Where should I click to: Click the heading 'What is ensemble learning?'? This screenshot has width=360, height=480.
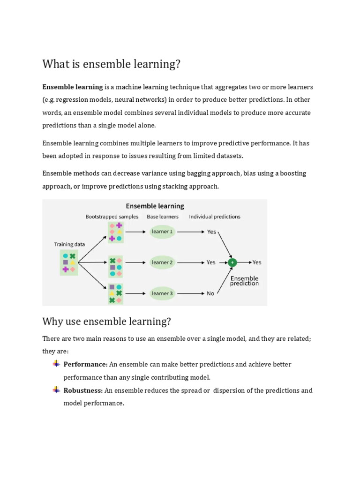(x=112, y=64)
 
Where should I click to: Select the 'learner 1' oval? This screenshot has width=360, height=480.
(x=162, y=232)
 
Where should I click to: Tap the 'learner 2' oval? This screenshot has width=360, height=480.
(x=162, y=262)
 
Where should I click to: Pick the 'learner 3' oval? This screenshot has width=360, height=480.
(x=162, y=293)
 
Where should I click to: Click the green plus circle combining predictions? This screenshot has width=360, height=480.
(x=232, y=262)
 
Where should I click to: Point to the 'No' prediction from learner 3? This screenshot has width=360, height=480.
(x=210, y=293)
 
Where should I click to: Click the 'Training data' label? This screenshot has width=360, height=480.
(x=69, y=244)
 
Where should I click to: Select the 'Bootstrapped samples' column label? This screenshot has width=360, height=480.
(x=112, y=217)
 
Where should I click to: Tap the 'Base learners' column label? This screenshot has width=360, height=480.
(x=163, y=217)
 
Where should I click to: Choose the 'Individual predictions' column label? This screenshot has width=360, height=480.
(x=215, y=217)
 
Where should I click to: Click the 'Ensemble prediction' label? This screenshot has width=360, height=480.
(x=244, y=281)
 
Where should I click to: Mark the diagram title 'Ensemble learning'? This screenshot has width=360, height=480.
(x=155, y=206)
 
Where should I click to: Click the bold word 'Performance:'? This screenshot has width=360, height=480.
(x=86, y=364)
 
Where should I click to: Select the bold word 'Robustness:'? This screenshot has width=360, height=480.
(x=83, y=390)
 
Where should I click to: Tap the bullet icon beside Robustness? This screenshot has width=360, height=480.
(x=56, y=390)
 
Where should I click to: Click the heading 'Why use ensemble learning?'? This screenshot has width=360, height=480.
(x=106, y=322)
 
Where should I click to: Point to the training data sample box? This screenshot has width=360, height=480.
(x=69, y=262)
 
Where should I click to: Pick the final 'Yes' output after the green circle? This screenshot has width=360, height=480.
(x=257, y=262)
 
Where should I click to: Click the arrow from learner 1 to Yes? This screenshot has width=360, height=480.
(x=191, y=232)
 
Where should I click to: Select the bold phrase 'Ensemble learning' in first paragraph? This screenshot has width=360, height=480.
(x=73, y=87)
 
